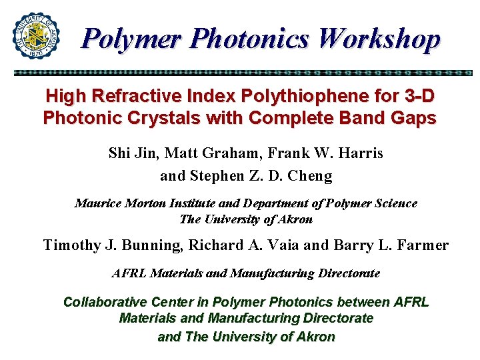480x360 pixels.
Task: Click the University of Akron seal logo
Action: tap(35, 35)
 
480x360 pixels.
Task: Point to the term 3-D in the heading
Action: tap(419, 96)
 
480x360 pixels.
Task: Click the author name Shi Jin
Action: tap(131, 153)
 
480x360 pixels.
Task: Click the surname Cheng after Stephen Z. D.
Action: tap(309, 176)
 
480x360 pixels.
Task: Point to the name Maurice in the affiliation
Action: tap(99, 203)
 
